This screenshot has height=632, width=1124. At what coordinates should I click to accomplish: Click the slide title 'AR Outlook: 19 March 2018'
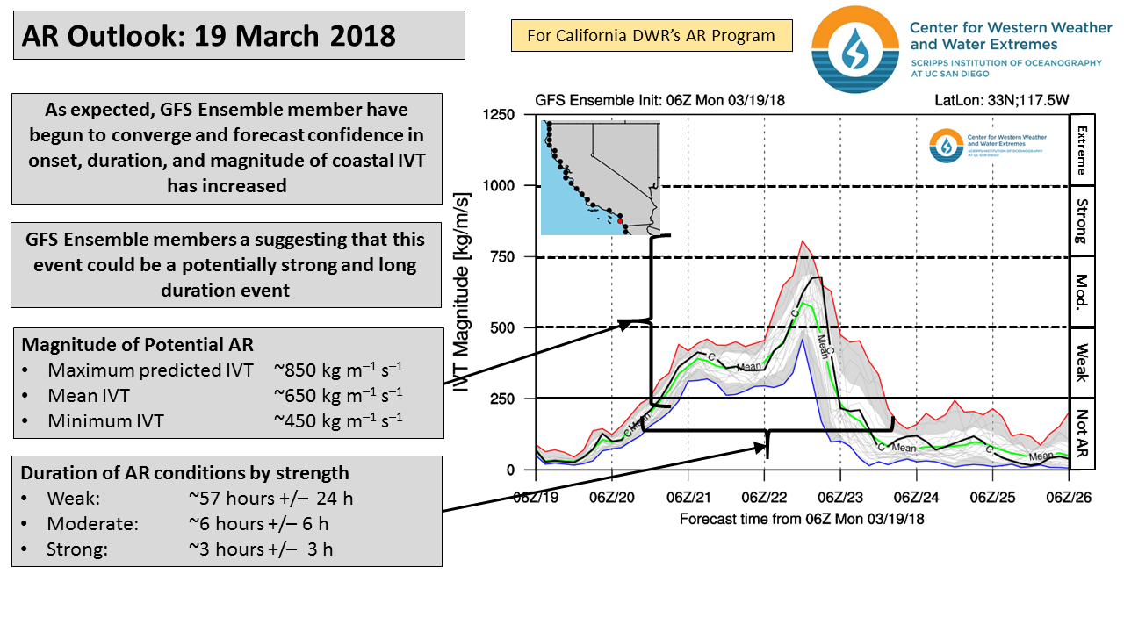(x=209, y=36)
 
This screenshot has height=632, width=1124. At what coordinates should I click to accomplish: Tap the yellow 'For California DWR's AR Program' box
(x=651, y=36)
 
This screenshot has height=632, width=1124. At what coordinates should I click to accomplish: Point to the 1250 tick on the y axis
(x=499, y=115)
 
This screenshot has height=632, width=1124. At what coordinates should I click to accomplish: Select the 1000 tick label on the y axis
(x=499, y=186)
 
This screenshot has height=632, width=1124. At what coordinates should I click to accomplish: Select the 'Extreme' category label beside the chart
(x=1081, y=150)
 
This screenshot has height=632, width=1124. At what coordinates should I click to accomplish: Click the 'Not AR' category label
(x=1081, y=434)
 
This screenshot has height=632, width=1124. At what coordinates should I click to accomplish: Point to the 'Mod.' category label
(x=1081, y=292)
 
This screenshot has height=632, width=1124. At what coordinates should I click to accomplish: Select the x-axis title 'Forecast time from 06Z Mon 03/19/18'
(x=802, y=519)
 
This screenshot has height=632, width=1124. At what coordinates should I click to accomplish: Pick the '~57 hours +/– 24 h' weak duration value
(x=270, y=499)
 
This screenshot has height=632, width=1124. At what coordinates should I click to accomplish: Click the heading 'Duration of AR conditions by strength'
(x=185, y=473)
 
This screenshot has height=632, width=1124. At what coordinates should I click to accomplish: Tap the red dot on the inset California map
(x=619, y=221)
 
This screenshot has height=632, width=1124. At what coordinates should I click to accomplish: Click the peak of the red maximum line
(x=802, y=241)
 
